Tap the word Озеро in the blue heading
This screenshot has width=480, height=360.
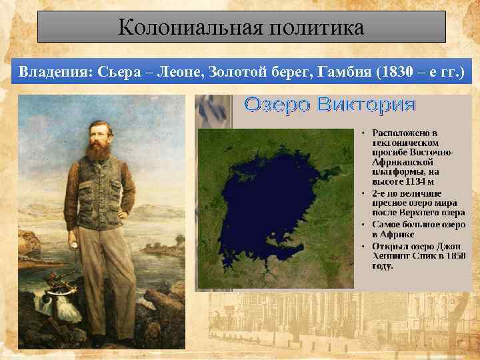[x=275, y=105]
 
